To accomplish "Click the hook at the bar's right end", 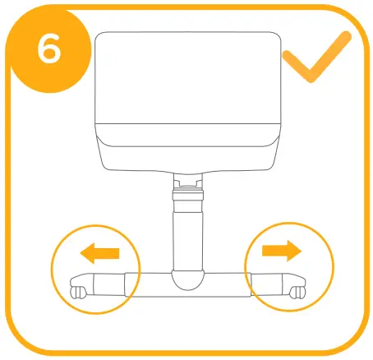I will tap(297, 290).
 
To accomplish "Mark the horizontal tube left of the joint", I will tap(148, 284).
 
